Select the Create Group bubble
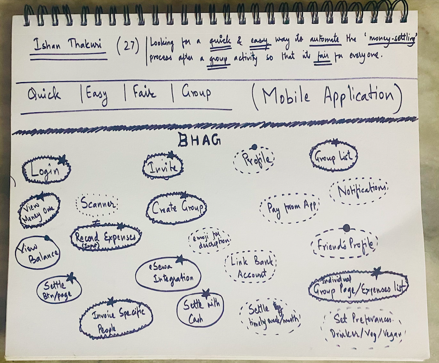tap(177, 209)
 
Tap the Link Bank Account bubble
tap(250, 267)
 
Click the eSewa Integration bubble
tap(168, 274)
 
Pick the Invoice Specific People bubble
tap(116, 318)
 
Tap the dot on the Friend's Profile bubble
tap(346, 228)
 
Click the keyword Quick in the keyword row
tap(44, 94)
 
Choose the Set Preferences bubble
tap(364, 326)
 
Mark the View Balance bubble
tap(38, 253)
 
